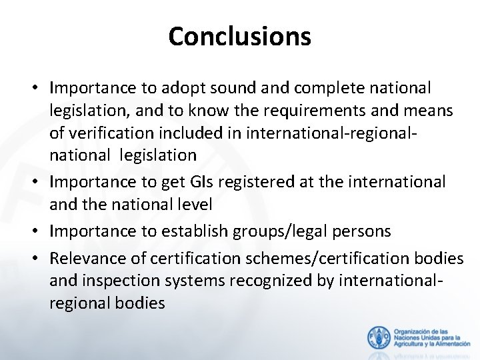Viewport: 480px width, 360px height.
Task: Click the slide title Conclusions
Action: click(x=239, y=36)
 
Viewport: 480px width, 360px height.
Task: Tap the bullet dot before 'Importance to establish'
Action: click(x=39, y=231)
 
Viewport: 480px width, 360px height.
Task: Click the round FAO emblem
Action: click(x=379, y=337)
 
